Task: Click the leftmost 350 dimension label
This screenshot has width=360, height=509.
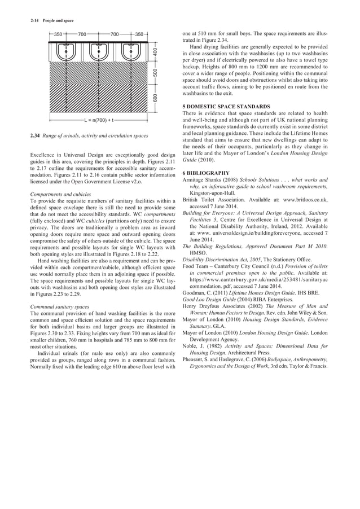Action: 58,34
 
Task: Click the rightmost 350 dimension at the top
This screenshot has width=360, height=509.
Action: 139,34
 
